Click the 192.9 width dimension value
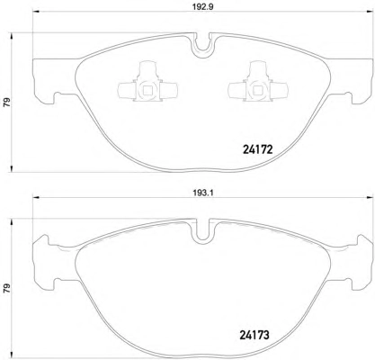click(x=202, y=7)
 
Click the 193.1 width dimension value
click(x=202, y=193)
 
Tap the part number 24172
click(x=257, y=149)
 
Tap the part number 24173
click(x=254, y=335)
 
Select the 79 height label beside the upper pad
click(x=6, y=103)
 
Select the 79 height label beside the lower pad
click(x=6, y=288)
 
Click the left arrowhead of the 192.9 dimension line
click(x=36, y=12)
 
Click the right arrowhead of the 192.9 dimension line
click(x=369, y=12)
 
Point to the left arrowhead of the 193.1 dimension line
click(x=36, y=197)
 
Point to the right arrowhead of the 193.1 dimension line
click(x=369, y=197)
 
